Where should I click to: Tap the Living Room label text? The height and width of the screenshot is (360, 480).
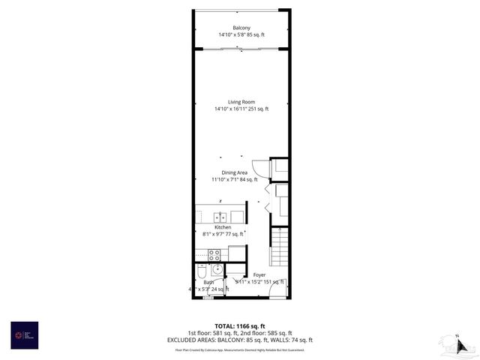(241, 102)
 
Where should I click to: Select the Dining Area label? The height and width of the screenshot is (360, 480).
(234, 172)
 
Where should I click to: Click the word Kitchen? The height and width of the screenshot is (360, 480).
(222, 227)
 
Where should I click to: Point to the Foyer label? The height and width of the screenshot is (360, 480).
(259, 275)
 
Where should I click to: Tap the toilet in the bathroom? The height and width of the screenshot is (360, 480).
(201, 269)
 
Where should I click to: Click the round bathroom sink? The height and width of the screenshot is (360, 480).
(217, 269)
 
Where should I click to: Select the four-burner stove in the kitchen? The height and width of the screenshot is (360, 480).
(214, 254)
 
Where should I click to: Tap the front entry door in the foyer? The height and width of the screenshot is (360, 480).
(277, 292)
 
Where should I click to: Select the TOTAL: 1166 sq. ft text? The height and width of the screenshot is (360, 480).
(240, 326)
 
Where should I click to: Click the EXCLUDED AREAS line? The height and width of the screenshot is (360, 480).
(240, 340)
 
